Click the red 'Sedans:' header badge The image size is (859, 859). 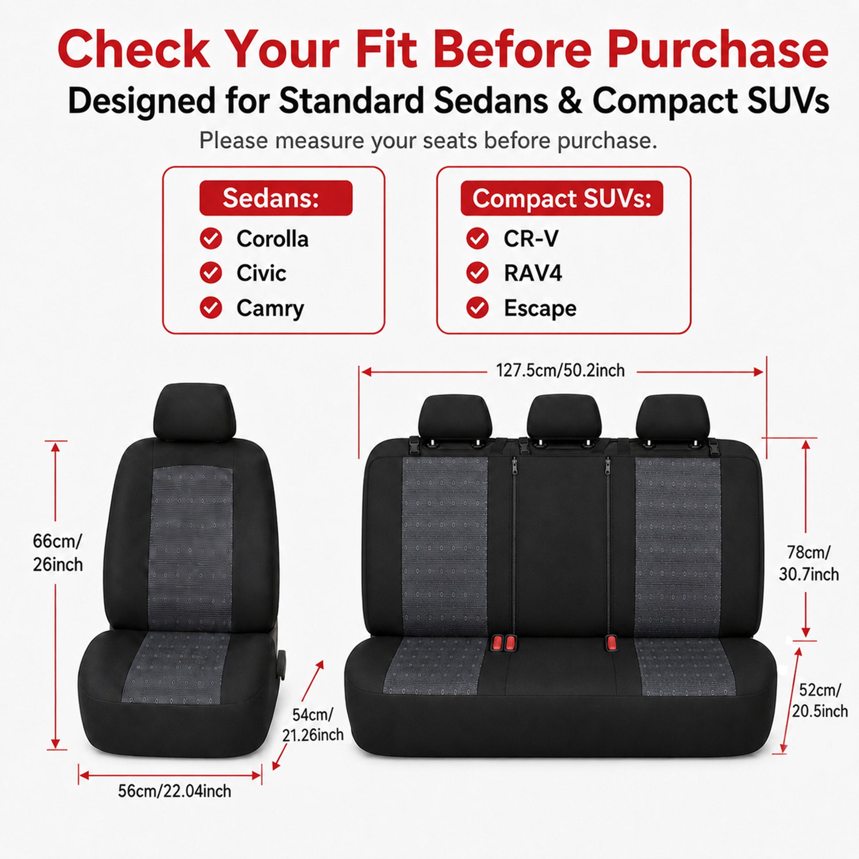pos(275,198)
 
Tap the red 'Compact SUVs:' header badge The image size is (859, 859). pos(561,198)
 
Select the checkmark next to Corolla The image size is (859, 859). pos(211,239)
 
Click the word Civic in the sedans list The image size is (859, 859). pos(261,273)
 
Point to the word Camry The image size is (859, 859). pos(270,308)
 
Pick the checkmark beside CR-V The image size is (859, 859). pos(478,239)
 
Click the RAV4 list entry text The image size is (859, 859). pos(533,273)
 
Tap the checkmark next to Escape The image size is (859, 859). pos(478,308)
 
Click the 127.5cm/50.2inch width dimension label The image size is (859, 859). pos(560,370)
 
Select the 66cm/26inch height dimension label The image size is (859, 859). pos(58,553)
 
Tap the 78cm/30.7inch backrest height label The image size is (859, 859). pos(809,563)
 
